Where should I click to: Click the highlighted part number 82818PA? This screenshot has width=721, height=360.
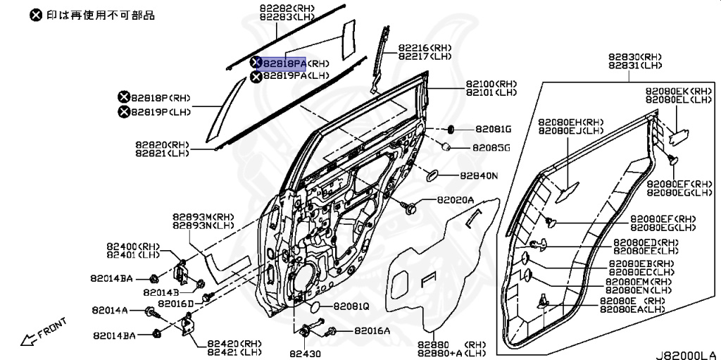pos(284,63)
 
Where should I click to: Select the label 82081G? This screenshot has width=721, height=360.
pos(493,130)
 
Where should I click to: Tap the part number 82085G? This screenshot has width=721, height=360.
pos(491,148)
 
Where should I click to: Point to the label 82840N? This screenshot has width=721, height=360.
pos(479,175)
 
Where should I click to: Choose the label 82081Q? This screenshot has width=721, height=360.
pos(351,306)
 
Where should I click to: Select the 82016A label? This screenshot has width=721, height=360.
pos(372,330)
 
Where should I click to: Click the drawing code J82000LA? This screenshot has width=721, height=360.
pos(687,354)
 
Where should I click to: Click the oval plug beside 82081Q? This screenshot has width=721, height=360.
pos(318,306)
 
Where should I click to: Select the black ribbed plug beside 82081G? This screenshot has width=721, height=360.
pos(445,129)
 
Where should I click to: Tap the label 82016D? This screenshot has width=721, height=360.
pos(175,303)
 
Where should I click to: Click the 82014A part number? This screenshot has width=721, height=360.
pos(110,310)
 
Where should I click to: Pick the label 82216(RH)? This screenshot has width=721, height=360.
pos(425,48)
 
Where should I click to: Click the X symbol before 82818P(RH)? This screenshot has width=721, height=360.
pos(123,97)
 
